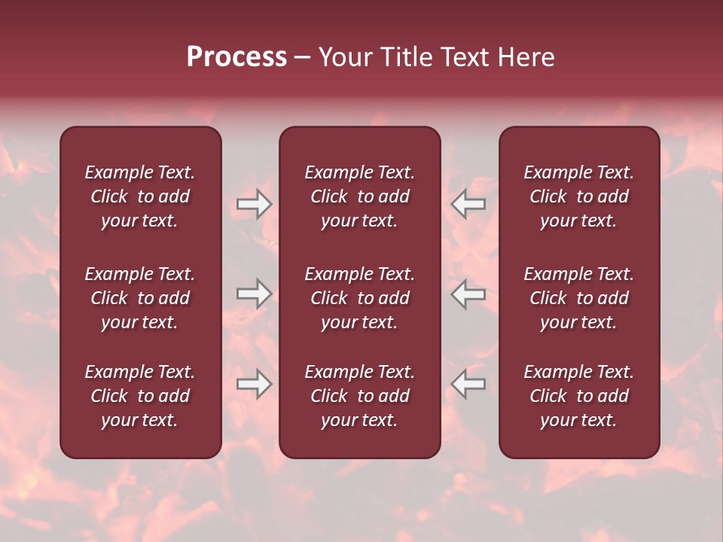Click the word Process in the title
pyautogui.click(x=236, y=57)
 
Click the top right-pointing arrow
pyautogui.click(x=254, y=204)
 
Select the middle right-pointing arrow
pyautogui.click(x=254, y=294)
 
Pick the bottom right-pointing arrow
pyautogui.click(x=254, y=384)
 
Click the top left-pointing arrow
pyautogui.click(x=468, y=204)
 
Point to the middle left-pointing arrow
pyautogui.click(x=468, y=294)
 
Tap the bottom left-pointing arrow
pyautogui.click(x=468, y=384)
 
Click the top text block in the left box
pyautogui.click(x=140, y=196)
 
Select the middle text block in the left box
pyautogui.click(x=140, y=298)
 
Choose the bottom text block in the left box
pyautogui.click(x=140, y=396)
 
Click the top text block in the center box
pyautogui.click(x=360, y=196)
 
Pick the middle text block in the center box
pyautogui.click(x=360, y=298)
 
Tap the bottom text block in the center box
pyautogui.click(x=360, y=396)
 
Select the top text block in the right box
pyautogui.click(x=579, y=196)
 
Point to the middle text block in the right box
pyautogui.click(x=579, y=298)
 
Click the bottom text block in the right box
pyautogui.click(x=579, y=396)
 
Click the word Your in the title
pyautogui.click(x=344, y=57)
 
